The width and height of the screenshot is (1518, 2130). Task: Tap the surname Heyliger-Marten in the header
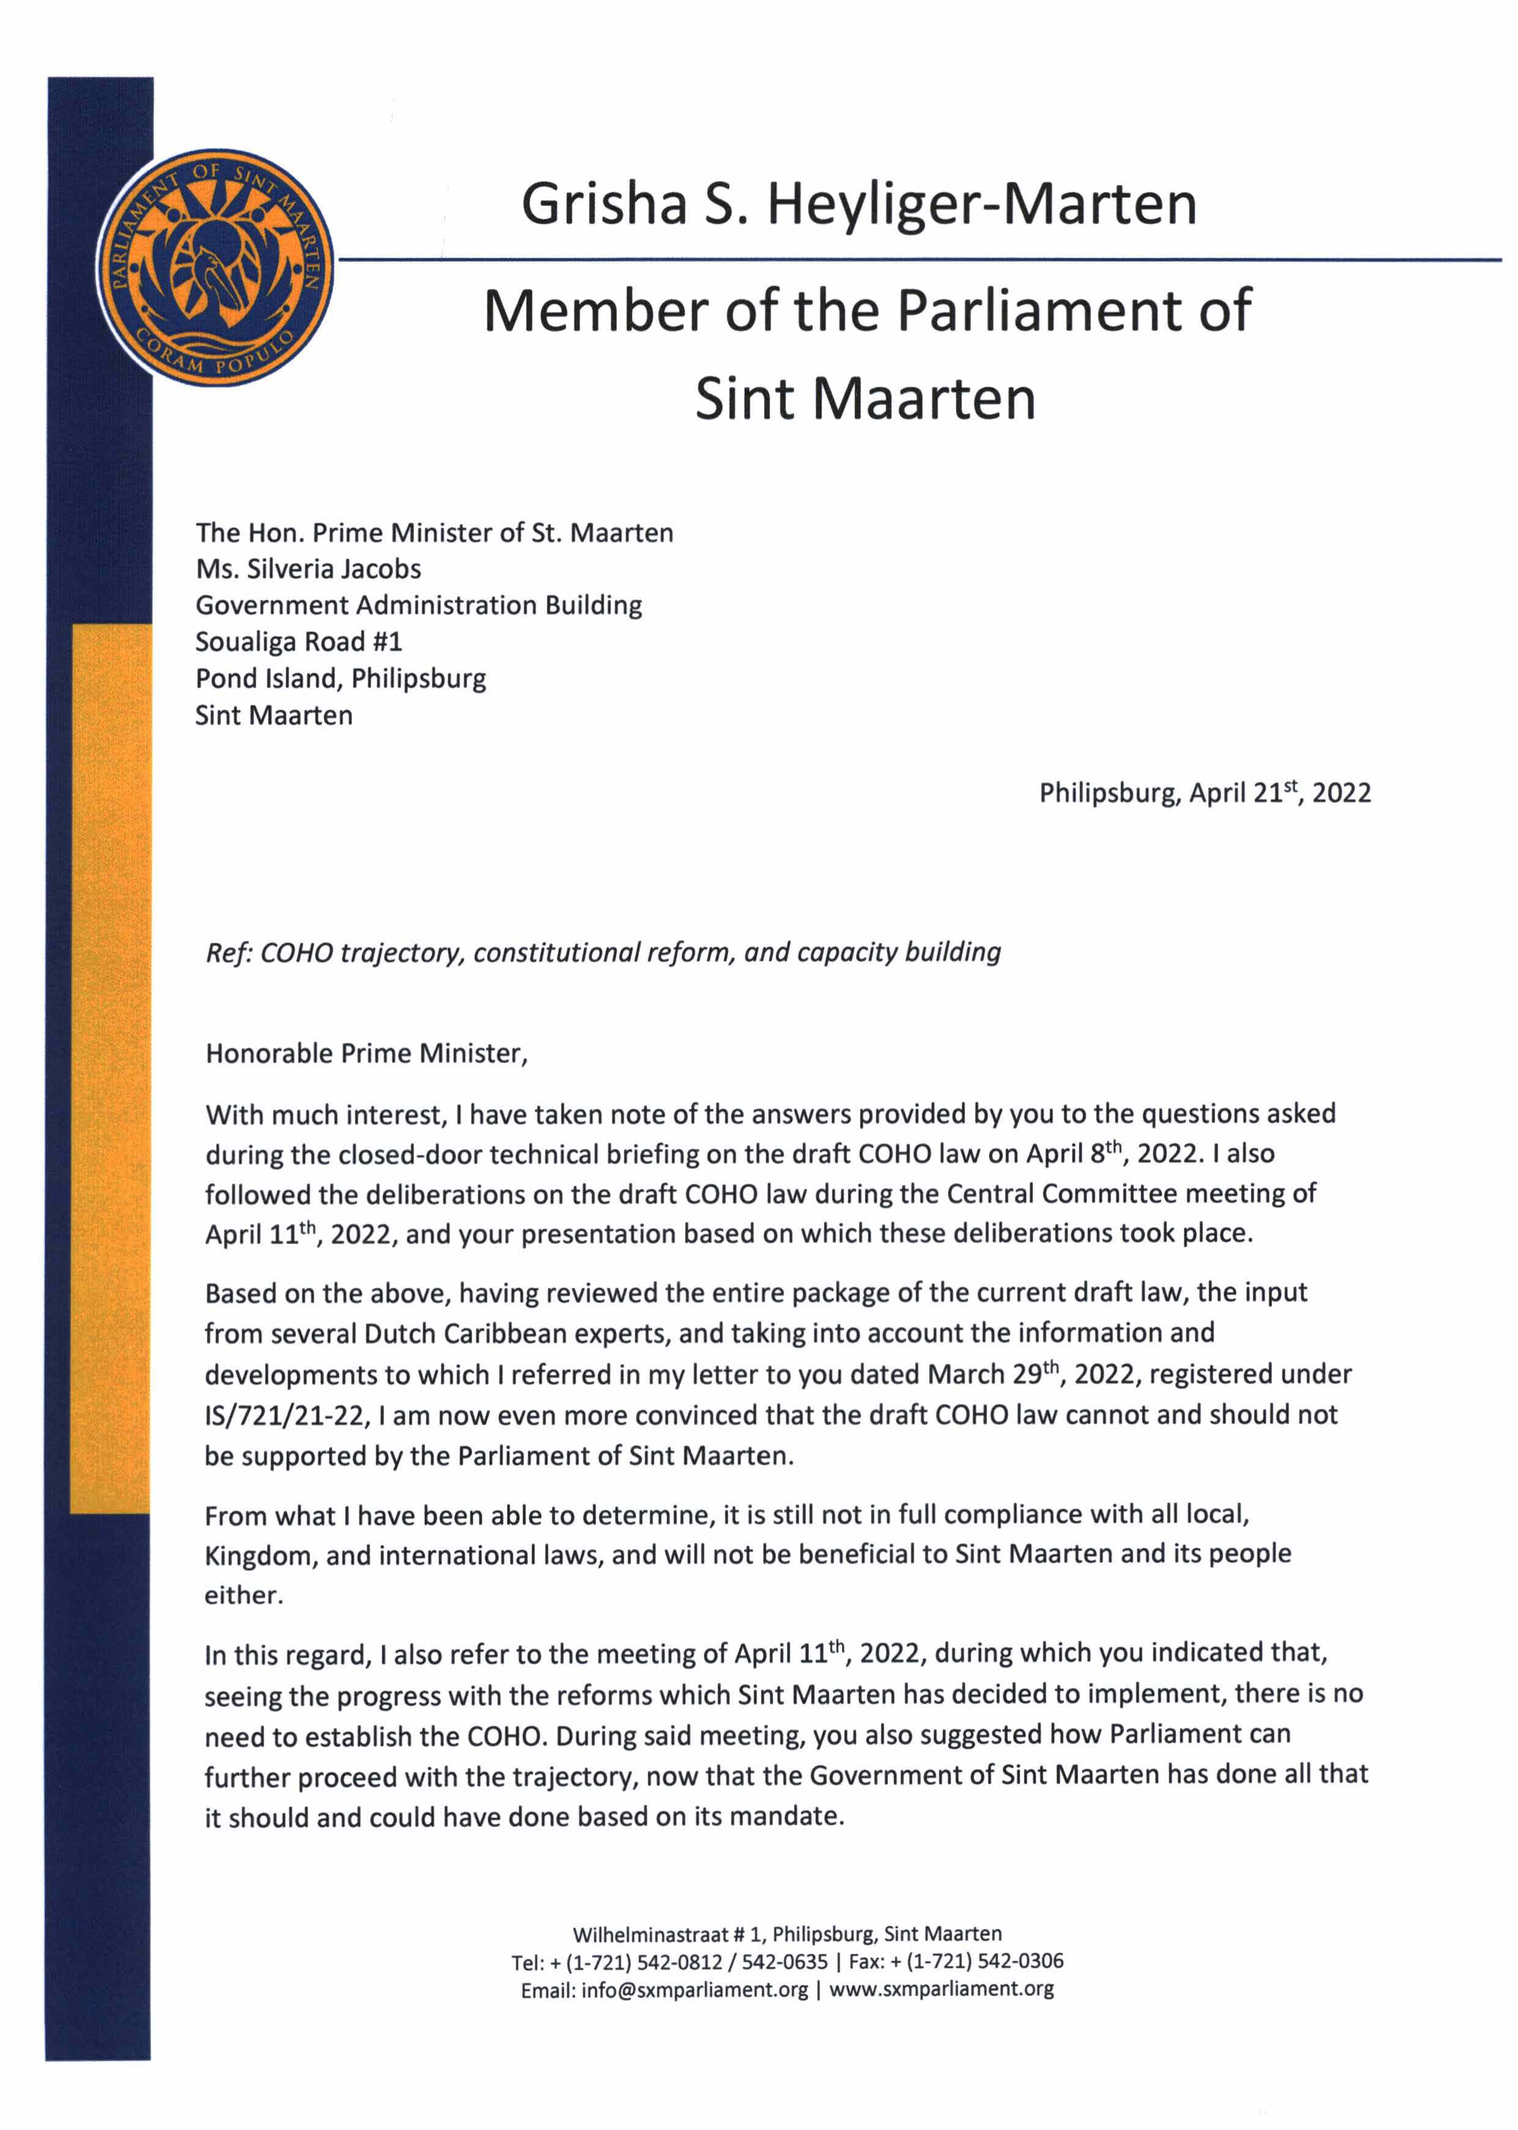point(982,206)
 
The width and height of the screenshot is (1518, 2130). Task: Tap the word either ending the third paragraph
point(242,1595)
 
